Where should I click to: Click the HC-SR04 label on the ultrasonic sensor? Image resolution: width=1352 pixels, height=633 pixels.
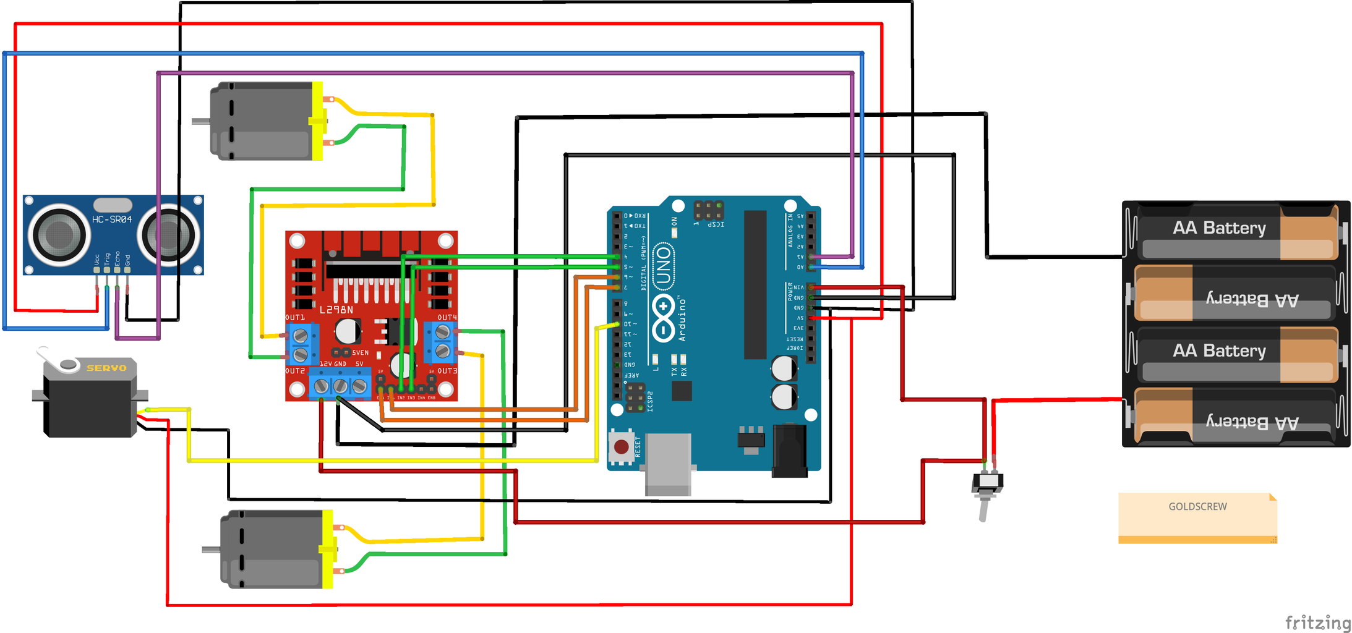click(x=112, y=219)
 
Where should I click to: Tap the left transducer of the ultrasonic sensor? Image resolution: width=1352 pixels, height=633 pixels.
click(x=59, y=234)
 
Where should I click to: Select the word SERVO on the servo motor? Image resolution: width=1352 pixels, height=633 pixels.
click(x=106, y=368)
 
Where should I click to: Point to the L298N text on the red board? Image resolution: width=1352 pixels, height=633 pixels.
click(x=336, y=310)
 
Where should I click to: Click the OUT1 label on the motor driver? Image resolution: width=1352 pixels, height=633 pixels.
click(x=295, y=317)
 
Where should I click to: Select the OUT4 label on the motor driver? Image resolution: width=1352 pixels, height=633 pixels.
click(x=447, y=317)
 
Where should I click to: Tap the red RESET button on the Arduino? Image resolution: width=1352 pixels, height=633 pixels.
click(x=622, y=446)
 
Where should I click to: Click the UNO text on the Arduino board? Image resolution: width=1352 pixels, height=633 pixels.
click(x=664, y=265)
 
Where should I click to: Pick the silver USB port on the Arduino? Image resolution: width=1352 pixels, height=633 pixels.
click(x=668, y=464)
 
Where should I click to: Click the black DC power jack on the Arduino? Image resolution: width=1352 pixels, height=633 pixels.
click(x=790, y=450)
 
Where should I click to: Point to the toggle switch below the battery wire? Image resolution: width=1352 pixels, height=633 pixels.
click(x=986, y=488)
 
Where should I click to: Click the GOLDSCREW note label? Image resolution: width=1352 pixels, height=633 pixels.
click(x=1197, y=507)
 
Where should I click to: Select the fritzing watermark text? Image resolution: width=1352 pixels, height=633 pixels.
click(x=1317, y=622)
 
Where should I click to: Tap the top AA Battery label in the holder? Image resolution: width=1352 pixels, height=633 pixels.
click(x=1219, y=228)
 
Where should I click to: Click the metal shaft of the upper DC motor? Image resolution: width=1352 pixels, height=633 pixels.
click(x=201, y=121)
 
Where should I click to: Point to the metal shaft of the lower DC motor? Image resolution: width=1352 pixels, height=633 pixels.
click(x=212, y=549)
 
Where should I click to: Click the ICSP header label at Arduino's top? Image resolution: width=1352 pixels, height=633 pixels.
click(x=716, y=224)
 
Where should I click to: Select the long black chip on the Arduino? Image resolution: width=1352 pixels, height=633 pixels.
click(x=755, y=284)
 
